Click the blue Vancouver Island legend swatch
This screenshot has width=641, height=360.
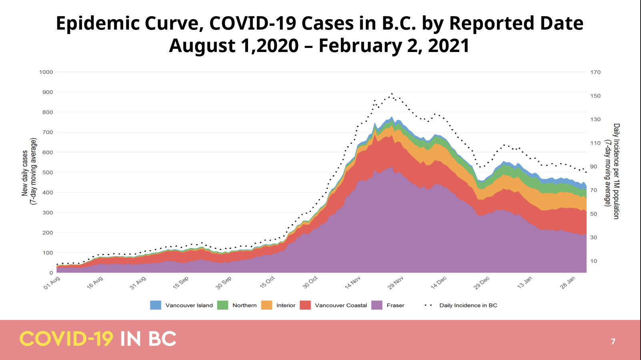tap(156, 305)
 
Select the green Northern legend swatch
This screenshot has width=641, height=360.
tap(222, 305)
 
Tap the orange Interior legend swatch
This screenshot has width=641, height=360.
tap(266, 305)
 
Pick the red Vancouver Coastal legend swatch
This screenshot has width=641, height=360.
tap(305, 305)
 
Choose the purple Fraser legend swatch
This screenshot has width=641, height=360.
tap(377, 305)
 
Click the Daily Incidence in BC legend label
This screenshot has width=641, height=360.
tap(468, 305)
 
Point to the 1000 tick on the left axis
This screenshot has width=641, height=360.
tap(46, 72)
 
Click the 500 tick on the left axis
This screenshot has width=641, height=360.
tap(48, 172)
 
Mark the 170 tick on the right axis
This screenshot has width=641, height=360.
tap(595, 72)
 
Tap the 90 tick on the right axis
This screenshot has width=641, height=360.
tap(594, 166)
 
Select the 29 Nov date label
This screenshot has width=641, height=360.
tap(395, 283)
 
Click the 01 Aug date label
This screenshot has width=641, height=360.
tap(52, 283)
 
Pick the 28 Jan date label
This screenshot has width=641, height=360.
tap(567, 283)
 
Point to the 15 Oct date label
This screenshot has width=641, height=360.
tap(267, 282)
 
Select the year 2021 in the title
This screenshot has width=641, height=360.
tap(449, 46)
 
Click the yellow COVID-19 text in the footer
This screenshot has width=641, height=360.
tap(66, 339)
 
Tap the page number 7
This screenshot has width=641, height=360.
tap(613, 342)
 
